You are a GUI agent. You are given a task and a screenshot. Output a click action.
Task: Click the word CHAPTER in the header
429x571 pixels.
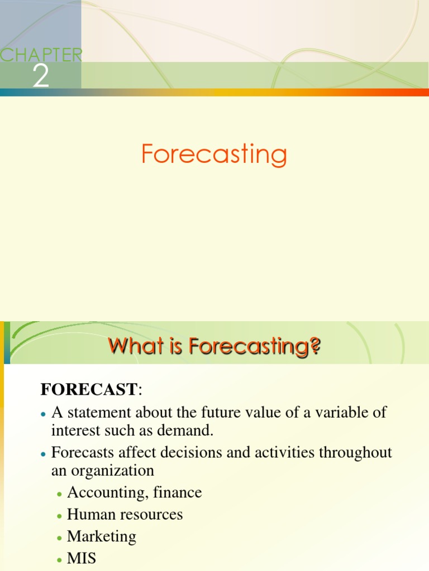click(x=42, y=55)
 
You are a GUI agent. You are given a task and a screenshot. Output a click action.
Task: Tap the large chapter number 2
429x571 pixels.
click(x=40, y=76)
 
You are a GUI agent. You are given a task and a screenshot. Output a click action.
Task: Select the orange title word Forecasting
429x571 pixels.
click(x=214, y=154)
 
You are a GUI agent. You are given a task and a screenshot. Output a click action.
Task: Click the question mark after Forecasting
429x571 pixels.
click(x=315, y=347)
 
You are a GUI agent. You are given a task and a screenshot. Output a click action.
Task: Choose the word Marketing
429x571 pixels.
click(x=102, y=536)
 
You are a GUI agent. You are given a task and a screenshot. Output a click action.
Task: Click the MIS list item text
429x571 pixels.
click(x=82, y=558)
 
